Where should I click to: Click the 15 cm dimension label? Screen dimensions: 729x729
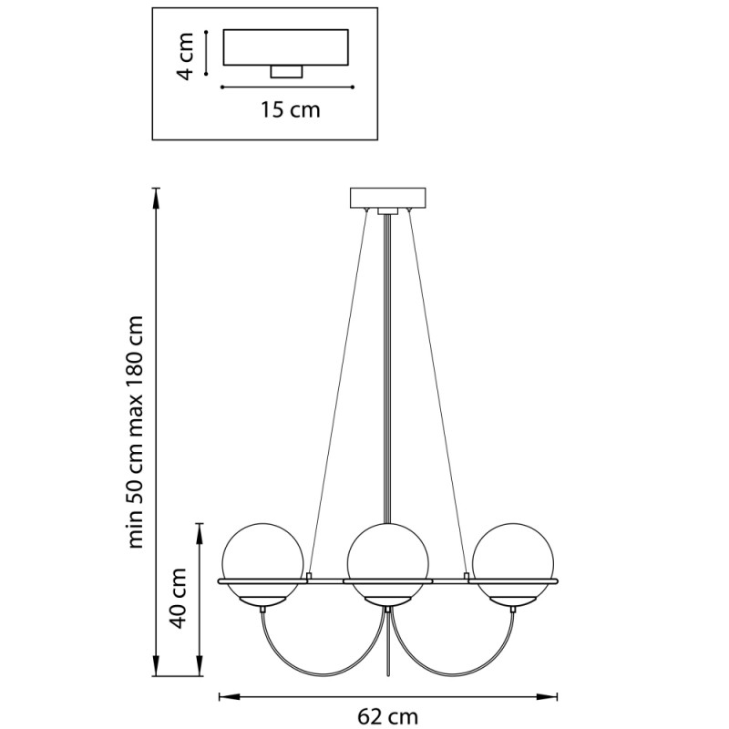(290, 110)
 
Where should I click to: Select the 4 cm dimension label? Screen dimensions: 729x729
(186, 56)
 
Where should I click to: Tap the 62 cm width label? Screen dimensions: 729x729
(388, 717)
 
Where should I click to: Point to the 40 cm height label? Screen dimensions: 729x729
(179, 599)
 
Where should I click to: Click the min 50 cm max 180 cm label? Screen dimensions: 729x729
(135, 431)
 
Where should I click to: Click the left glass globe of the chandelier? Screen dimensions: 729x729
(263, 563)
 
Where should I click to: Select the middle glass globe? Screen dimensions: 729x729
(388, 563)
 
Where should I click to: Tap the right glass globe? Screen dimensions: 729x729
(513, 563)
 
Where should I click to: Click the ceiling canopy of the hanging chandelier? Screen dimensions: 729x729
(388, 198)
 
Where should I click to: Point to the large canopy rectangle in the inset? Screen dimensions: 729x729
(286, 47)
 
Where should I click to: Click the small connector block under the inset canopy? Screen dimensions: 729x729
(286, 72)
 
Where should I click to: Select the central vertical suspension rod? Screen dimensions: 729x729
(388, 368)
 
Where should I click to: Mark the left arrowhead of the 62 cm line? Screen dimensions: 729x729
(229, 696)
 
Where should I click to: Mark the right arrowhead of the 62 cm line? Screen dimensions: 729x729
(547, 696)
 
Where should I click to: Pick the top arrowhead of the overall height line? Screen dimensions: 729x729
(157, 199)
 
